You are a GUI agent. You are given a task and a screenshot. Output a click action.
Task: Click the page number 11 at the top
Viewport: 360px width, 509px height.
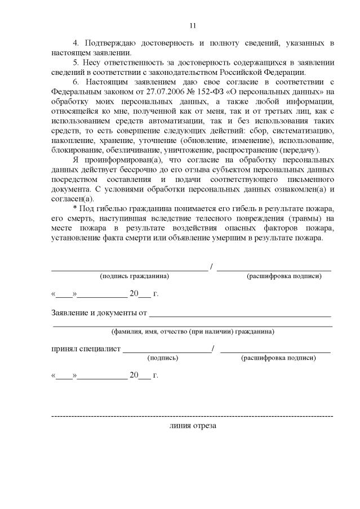click(192, 25)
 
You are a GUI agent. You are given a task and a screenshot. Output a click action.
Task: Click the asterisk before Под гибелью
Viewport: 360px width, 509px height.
click(75, 208)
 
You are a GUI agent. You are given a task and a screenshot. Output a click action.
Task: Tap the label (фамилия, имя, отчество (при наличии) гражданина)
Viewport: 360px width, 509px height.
click(193, 332)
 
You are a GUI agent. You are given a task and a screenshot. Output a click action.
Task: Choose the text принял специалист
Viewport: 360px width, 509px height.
click(86, 349)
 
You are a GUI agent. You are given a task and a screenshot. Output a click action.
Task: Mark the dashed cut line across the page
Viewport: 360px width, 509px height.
click(192, 416)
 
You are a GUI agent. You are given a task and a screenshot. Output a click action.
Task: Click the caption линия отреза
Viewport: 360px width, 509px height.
click(192, 426)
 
